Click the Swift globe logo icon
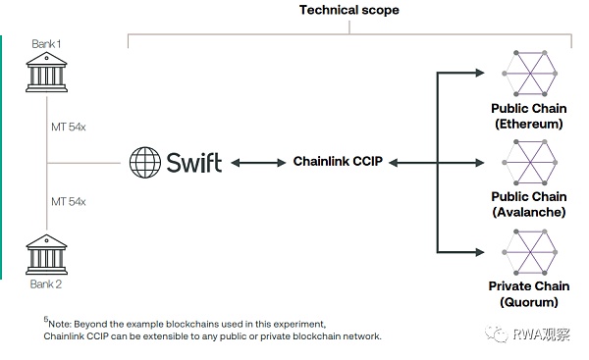(145, 161)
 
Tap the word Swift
(192, 161)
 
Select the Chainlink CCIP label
(337, 161)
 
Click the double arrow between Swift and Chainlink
(257, 162)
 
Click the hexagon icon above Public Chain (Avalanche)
(530, 160)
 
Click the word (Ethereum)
(530, 125)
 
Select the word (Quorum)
(530, 302)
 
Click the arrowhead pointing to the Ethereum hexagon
(478, 73)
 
